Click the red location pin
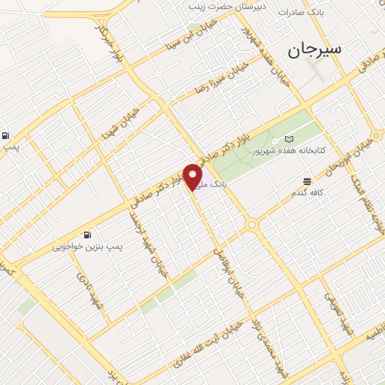point(192,177)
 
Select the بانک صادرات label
point(301,13)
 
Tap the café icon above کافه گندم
point(307,182)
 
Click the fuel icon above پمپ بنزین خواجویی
point(89,235)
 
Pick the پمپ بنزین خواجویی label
point(87,246)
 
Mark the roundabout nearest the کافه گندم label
point(251,224)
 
